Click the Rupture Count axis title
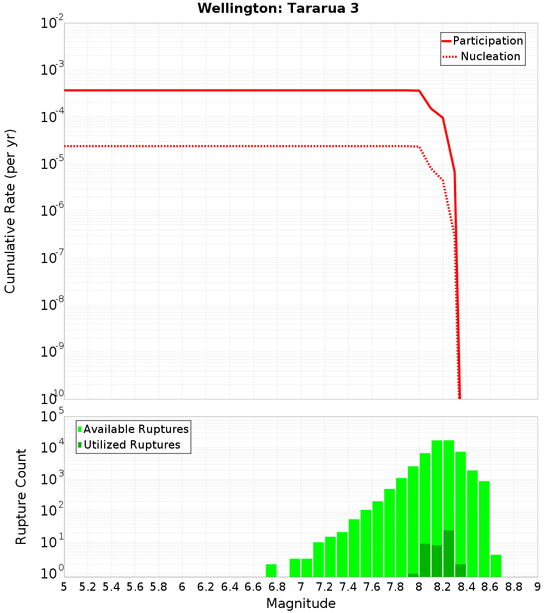[21, 496]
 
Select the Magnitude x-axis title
[301, 604]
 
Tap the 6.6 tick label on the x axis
[253, 587]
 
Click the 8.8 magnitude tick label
[514, 587]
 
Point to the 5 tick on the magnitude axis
[64, 587]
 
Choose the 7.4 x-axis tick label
[348, 587]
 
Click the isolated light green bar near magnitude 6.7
[271, 571]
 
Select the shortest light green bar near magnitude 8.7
[496, 566]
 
